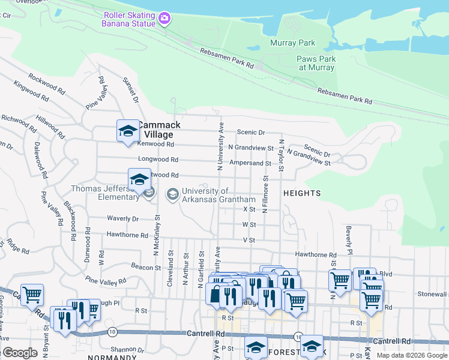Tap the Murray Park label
point(293,43)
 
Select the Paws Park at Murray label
point(317,63)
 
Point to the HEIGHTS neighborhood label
point(303,193)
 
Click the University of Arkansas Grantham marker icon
point(173,194)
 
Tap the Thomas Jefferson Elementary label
point(105,193)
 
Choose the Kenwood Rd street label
point(156,144)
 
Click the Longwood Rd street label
point(158,160)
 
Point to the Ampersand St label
point(250,163)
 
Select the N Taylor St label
point(280,155)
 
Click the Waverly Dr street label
point(122,219)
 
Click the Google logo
point(20,353)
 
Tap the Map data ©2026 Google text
point(411,355)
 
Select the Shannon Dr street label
point(127,349)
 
